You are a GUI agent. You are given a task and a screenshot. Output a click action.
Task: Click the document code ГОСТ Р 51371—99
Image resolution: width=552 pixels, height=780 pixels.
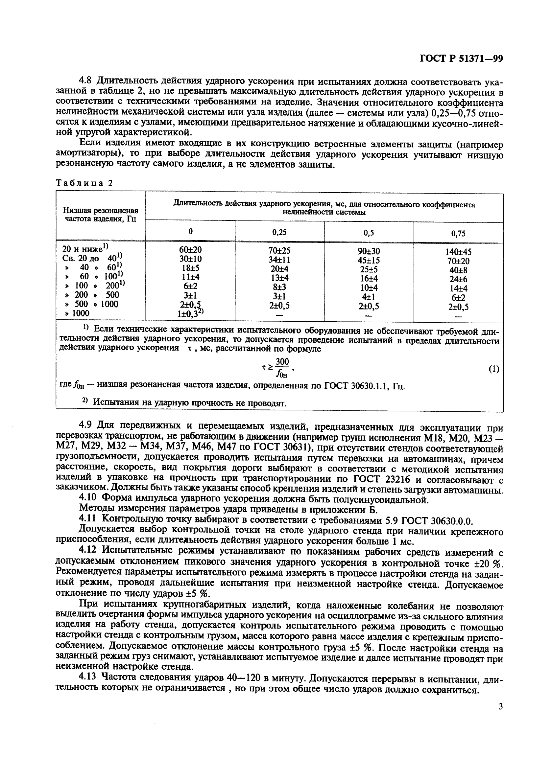pos(461,59)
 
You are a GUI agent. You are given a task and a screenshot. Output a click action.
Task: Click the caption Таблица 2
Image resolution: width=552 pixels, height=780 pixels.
pos(84,183)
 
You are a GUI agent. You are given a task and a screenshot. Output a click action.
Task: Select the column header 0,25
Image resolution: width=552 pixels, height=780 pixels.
pos(279,232)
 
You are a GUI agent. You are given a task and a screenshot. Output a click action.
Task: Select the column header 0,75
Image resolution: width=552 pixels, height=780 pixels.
pos(458,233)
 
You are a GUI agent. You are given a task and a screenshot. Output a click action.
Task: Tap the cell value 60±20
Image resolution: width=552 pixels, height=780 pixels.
pos(190,250)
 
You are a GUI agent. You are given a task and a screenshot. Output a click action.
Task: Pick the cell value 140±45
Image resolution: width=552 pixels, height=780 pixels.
pos(458,252)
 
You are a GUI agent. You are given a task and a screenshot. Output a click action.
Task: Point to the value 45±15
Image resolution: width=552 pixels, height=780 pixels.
pos(369,260)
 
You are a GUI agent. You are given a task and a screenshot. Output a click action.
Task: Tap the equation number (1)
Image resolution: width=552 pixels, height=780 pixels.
pos(493,369)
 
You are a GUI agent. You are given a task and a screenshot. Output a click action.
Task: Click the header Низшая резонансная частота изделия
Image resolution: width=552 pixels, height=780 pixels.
pos(101,215)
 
